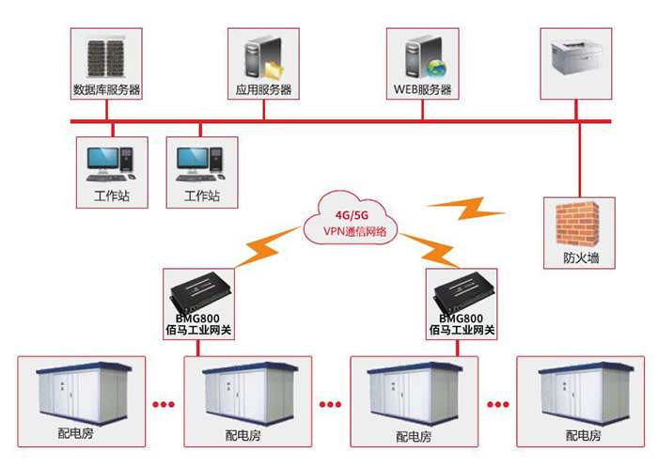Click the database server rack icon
[x=105, y=58]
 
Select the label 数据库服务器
[x=106, y=91]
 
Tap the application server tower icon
[x=260, y=57]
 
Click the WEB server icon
[x=419, y=57]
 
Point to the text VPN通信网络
[x=353, y=230]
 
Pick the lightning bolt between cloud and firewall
[x=466, y=208]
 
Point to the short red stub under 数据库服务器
[x=106, y=110]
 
